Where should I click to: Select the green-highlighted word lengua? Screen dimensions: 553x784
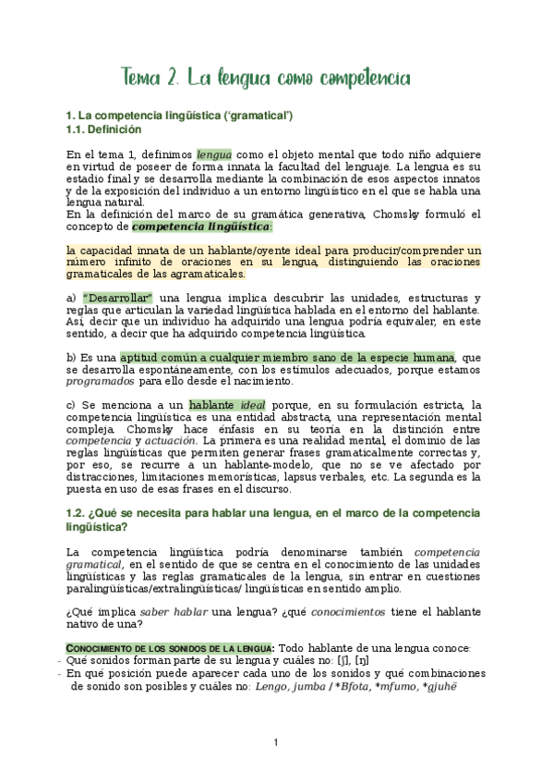214,154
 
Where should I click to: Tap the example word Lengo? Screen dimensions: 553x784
273,687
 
